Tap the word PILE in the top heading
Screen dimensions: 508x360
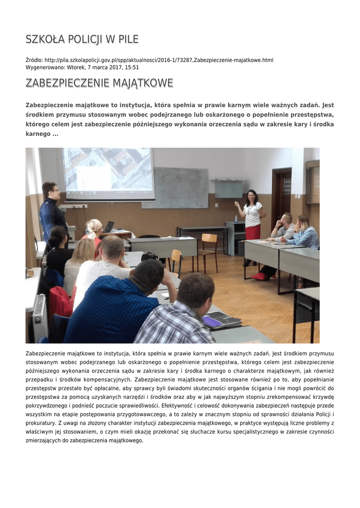128,39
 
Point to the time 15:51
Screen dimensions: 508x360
132,67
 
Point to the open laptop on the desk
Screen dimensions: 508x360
109,227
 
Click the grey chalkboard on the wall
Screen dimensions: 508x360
175,187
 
